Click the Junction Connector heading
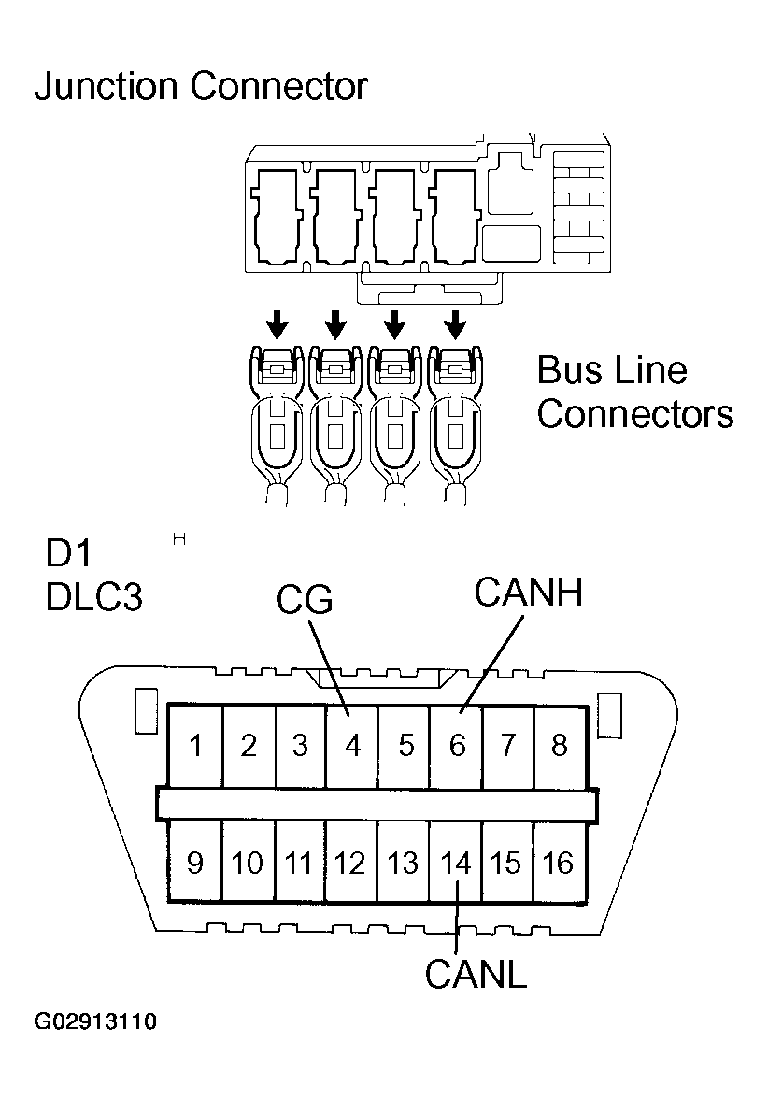click(201, 87)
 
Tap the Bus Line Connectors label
click(634, 392)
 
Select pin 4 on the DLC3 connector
click(351, 746)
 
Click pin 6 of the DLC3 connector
click(457, 746)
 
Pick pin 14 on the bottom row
click(456, 863)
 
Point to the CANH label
click(528, 592)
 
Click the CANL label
click(476, 974)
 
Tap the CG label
click(305, 601)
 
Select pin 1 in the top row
click(195, 746)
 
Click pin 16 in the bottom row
click(558, 863)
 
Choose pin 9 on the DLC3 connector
click(194, 863)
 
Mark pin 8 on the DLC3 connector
click(559, 746)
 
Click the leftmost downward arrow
click(277, 325)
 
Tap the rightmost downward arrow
click(455, 325)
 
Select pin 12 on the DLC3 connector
click(349, 863)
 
